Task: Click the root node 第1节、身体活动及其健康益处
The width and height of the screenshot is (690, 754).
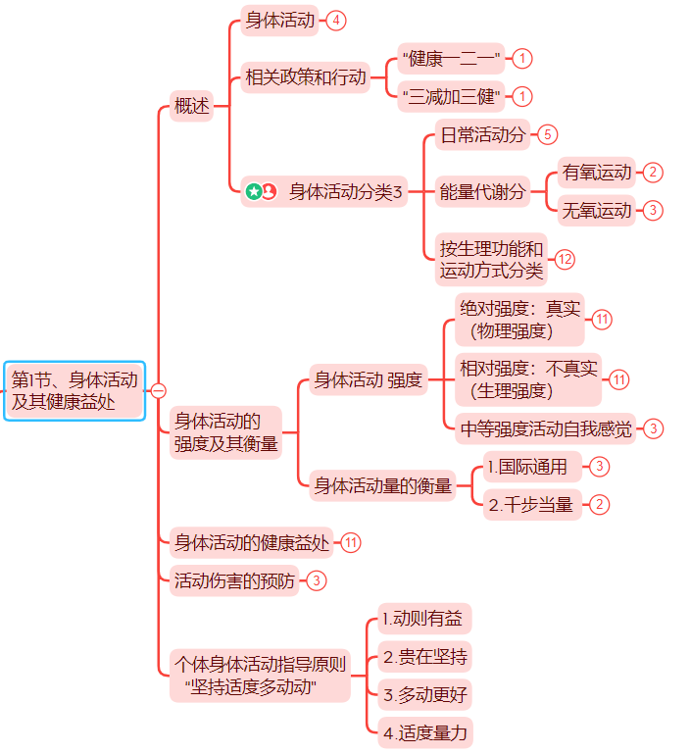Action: pos(74,390)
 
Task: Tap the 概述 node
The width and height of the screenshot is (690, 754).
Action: pos(191,106)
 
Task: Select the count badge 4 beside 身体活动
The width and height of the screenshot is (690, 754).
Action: pos(337,21)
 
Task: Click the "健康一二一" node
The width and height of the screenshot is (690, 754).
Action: pos(452,59)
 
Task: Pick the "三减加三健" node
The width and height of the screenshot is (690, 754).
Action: pos(452,97)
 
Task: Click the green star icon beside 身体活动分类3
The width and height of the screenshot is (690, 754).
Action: pos(254,191)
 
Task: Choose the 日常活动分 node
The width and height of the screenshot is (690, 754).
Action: pos(483,134)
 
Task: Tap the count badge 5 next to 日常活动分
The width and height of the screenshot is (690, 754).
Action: pos(548,134)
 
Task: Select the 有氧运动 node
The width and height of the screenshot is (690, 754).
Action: pos(597,173)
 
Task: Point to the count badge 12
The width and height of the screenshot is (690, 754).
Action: pos(565,259)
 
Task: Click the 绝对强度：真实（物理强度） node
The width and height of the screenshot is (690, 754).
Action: pos(522,320)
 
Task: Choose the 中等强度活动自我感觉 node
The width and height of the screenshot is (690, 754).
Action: pos(547,427)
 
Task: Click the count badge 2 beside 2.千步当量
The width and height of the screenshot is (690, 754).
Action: pos(598,505)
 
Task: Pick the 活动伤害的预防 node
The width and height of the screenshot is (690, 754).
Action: pos(234,580)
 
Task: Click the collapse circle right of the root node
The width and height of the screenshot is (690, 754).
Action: pos(158,390)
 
